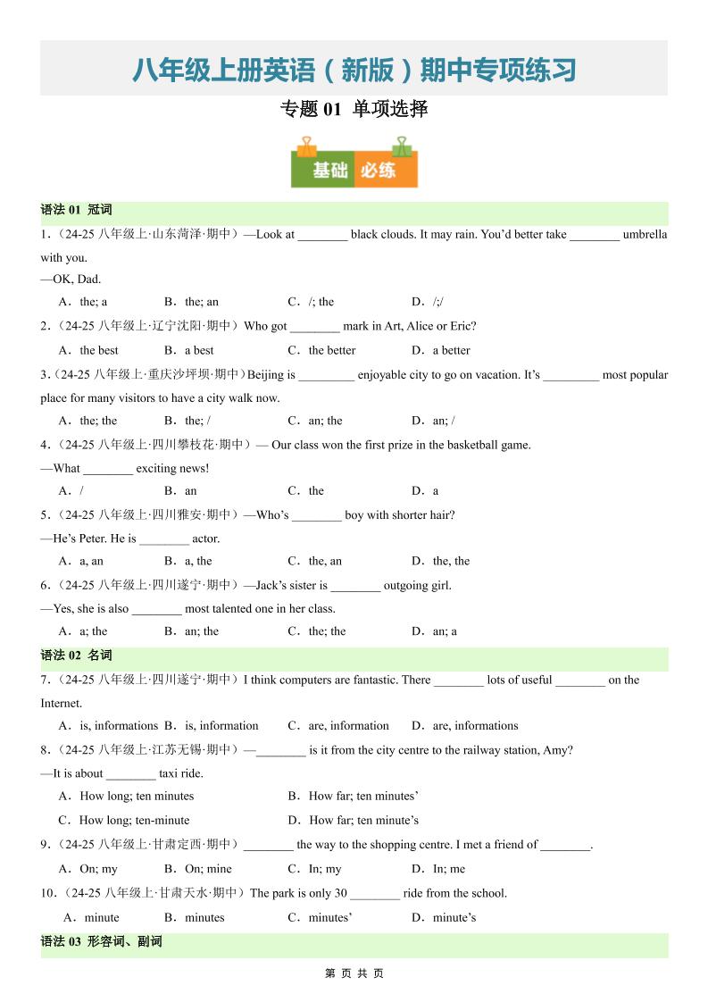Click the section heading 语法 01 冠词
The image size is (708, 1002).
77,211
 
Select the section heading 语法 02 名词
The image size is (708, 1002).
77,655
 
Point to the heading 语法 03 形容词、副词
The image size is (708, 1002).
102,942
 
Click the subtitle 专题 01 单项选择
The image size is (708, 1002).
354,110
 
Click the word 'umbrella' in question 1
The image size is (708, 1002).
645,235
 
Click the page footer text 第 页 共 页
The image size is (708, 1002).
354,973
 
